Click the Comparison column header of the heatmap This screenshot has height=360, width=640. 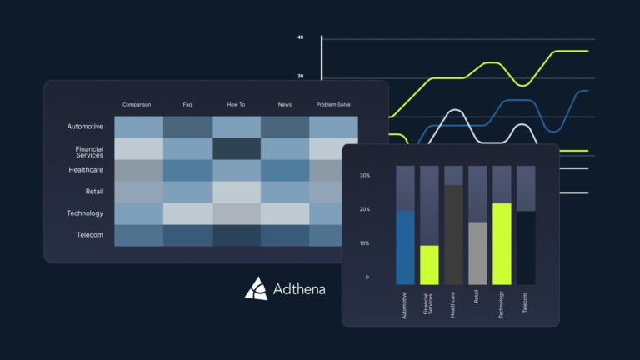point(137,105)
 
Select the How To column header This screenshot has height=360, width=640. point(236,105)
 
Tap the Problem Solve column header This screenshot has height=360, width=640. point(334,105)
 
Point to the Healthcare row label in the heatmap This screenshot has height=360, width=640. point(85,170)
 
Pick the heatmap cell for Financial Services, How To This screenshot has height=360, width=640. point(236,148)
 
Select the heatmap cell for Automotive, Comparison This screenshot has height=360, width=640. point(138,127)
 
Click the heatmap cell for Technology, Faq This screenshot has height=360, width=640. point(187,213)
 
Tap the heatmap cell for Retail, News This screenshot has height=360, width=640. point(285,192)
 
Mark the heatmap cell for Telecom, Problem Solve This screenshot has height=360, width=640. point(333,235)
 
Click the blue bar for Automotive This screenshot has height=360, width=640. point(405,247)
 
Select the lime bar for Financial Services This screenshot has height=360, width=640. point(429,265)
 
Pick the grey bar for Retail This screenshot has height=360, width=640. point(477,253)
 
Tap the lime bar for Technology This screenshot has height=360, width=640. point(502,243)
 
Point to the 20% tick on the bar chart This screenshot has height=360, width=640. point(365,210)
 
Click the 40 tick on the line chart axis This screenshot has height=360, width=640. point(300,37)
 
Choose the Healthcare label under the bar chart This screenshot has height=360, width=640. point(454,303)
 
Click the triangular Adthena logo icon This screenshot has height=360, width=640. point(256,287)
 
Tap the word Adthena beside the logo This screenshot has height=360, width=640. point(299,290)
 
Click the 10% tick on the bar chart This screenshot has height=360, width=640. point(365,243)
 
